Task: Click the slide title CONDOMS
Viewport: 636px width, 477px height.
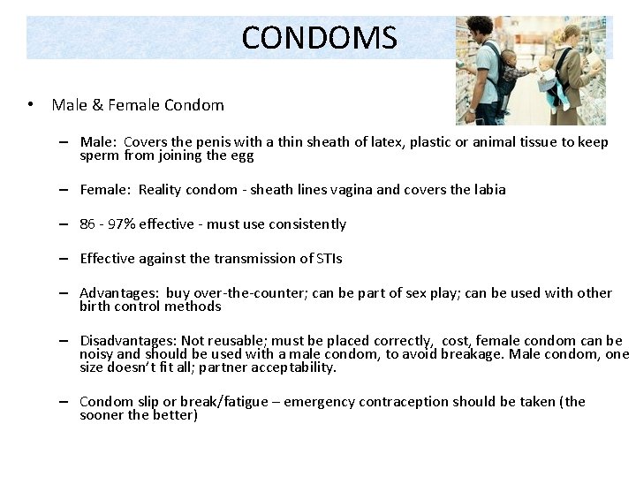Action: (319, 37)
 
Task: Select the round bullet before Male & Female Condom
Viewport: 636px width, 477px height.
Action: (31, 105)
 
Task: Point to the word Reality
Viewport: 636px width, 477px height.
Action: (163, 190)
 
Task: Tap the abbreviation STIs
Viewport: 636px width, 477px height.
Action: (328, 259)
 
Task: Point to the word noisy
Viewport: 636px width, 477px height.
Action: (96, 354)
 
